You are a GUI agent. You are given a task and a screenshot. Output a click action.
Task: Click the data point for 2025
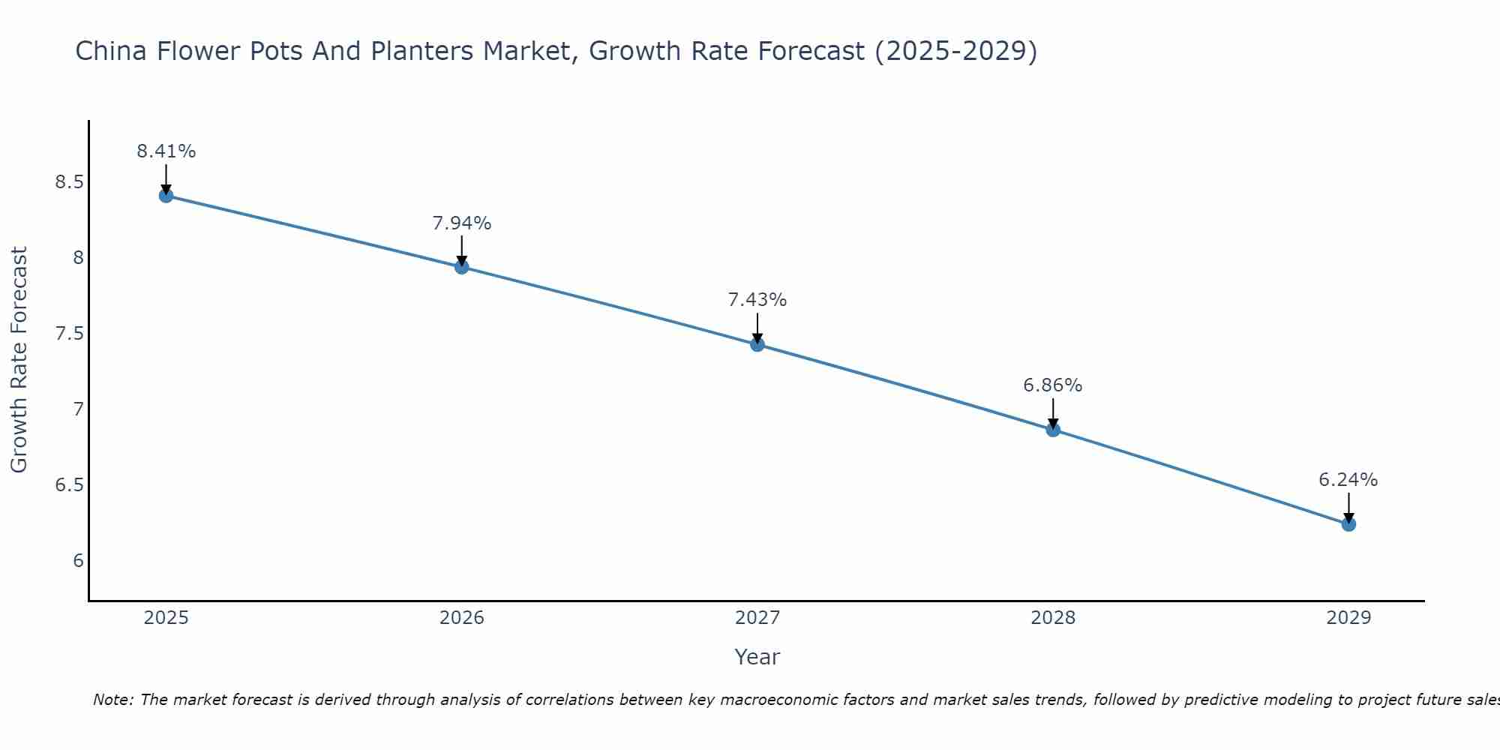click(x=166, y=196)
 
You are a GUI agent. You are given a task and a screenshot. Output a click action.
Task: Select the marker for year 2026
click(x=462, y=267)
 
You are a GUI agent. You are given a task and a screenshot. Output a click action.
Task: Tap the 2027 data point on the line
click(x=757, y=344)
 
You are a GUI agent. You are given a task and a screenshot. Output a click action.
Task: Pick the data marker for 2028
click(x=1053, y=430)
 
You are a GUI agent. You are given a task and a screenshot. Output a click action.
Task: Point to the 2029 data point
click(x=1348, y=524)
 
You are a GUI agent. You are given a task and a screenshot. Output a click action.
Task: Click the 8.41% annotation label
click(x=166, y=151)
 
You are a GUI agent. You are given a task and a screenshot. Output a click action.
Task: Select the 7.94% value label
click(x=462, y=223)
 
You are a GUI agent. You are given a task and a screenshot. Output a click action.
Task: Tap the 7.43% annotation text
click(x=757, y=300)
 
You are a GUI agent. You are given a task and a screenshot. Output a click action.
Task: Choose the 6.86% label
click(x=1053, y=385)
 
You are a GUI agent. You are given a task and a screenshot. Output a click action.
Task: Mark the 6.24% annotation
click(x=1348, y=480)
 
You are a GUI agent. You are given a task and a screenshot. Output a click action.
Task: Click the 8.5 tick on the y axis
click(x=69, y=182)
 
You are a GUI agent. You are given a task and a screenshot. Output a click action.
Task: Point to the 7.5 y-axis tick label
click(x=69, y=334)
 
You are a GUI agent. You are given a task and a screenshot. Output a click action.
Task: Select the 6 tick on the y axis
click(x=78, y=561)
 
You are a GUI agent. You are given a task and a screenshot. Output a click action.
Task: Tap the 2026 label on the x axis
click(x=462, y=618)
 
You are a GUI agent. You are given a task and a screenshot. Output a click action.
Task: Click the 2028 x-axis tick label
click(x=1053, y=618)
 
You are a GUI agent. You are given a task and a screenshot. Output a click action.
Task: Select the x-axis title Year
click(x=757, y=657)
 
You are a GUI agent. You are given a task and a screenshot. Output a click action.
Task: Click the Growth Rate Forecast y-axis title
click(x=19, y=360)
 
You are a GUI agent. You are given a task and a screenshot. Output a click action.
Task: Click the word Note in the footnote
click(x=112, y=700)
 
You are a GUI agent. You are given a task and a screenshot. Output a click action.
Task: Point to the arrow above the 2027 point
click(x=757, y=328)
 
